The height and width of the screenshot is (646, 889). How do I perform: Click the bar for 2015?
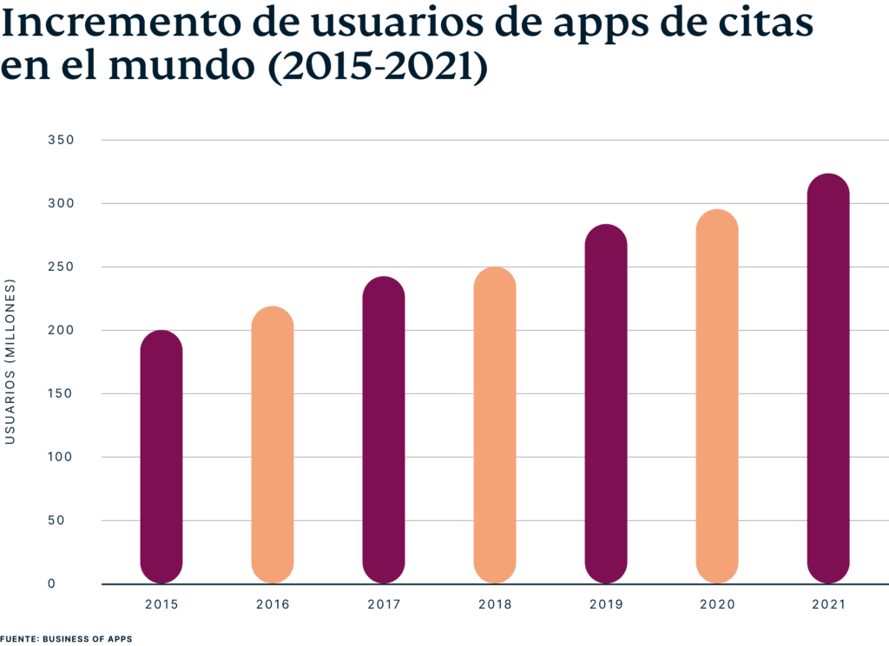tap(161, 457)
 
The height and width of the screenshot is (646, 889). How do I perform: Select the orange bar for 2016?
tap(273, 445)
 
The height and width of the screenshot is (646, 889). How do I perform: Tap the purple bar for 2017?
tap(384, 430)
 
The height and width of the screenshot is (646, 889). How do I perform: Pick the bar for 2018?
tap(495, 425)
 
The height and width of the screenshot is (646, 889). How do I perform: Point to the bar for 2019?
tap(606, 404)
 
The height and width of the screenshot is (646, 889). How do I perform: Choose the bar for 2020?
tap(717, 396)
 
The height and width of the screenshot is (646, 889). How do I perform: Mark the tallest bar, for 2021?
tap(828, 379)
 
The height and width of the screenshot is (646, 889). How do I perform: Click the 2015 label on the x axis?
tap(161, 603)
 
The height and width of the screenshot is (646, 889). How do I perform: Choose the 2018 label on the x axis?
tap(495, 603)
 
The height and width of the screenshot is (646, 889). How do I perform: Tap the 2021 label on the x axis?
tap(828, 603)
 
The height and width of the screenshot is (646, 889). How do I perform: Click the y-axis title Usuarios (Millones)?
tap(10, 361)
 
